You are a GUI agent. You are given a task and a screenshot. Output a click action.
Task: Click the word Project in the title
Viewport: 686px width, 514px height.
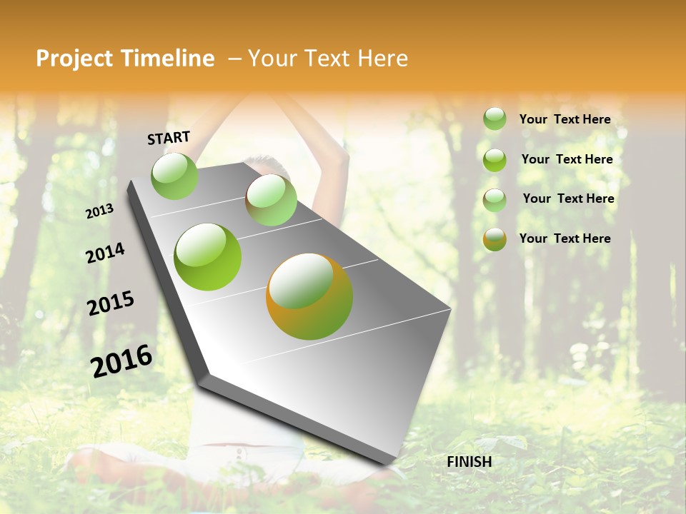click(x=74, y=59)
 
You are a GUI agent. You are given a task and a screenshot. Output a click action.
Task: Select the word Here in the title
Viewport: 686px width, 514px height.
click(x=382, y=59)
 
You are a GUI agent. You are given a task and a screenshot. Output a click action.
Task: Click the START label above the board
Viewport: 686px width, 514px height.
click(x=169, y=138)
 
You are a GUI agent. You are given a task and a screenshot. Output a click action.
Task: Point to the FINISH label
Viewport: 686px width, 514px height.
click(x=469, y=462)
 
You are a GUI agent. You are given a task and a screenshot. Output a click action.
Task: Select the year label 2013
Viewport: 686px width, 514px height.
click(x=100, y=211)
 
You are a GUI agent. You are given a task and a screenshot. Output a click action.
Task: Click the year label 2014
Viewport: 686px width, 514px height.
click(x=106, y=253)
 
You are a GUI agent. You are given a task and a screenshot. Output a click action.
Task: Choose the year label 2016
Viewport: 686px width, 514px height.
click(x=121, y=361)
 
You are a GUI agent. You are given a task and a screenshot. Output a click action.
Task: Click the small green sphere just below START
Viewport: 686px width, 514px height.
click(x=174, y=176)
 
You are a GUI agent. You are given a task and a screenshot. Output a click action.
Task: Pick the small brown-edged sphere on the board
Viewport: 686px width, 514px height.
click(x=271, y=200)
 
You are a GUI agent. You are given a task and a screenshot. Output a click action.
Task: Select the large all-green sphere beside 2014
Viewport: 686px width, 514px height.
click(x=208, y=257)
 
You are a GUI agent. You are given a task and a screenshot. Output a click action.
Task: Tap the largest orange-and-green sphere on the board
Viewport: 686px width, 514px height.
click(x=309, y=296)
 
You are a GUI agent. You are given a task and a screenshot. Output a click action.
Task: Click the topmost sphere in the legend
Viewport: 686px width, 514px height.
click(x=494, y=119)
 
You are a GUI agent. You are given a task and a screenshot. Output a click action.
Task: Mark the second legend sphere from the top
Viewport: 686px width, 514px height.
click(x=494, y=160)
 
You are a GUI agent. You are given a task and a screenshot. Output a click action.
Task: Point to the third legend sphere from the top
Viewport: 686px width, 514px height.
click(x=494, y=200)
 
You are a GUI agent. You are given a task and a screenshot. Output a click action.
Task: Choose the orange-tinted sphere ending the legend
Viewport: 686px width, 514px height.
click(x=494, y=239)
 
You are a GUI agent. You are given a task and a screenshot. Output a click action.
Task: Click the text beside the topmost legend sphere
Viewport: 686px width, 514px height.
click(x=565, y=120)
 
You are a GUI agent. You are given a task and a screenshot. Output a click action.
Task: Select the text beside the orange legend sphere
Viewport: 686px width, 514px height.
click(x=565, y=238)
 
